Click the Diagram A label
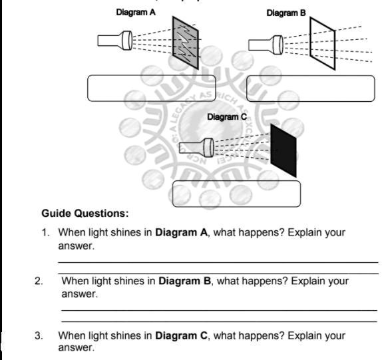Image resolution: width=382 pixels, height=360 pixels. pyautogui.click(x=136, y=12)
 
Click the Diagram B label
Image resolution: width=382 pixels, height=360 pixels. pyautogui.click(x=286, y=13)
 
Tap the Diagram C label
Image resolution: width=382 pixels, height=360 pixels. pyautogui.click(x=227, y=117)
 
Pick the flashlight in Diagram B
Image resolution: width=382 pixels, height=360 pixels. pyautogui.click(x=265, y=45)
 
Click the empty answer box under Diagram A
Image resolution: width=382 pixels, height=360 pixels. pyautogui.click(x=152, y=88)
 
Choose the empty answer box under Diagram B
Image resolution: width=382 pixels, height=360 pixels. pyautogui.click(x=310, y=89)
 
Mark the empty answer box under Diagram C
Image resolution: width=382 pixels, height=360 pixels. pyautogui.click(x=236, y=194)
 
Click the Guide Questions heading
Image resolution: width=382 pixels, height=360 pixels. pyautogui.click(x=85, y=214)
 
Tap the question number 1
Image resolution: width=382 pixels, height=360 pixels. pyautogui.click(x=45, y=233)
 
